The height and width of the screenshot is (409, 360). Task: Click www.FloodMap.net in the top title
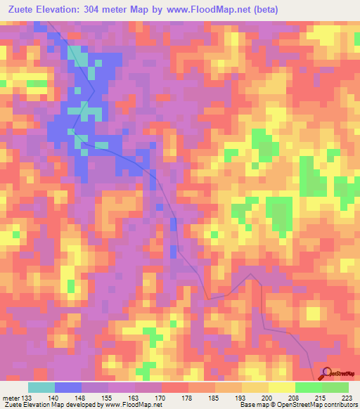[210, 10]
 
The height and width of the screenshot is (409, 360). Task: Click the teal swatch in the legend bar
[41, 387]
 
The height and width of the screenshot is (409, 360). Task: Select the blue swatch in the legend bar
[68, 387]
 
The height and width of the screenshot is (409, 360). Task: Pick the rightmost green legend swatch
[335, 387]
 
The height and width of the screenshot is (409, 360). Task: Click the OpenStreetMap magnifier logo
[328, 374]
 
